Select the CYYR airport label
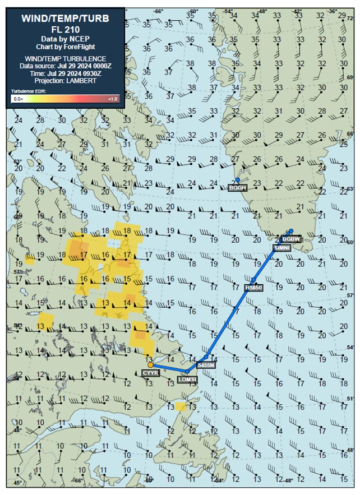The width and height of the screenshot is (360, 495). (x=150, y=372)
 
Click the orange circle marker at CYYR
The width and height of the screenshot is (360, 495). (x=150, y=365)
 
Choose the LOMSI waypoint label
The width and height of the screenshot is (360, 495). (x=187, y=379)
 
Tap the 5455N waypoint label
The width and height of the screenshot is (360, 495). (x=206, y=364)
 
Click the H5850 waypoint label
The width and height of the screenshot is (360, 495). (x=254, y=288)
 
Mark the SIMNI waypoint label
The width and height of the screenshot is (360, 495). (x=281, y=247)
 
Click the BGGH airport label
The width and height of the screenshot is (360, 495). (x=237, y=188)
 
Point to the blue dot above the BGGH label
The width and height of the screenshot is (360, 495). (x=237, y=180)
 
